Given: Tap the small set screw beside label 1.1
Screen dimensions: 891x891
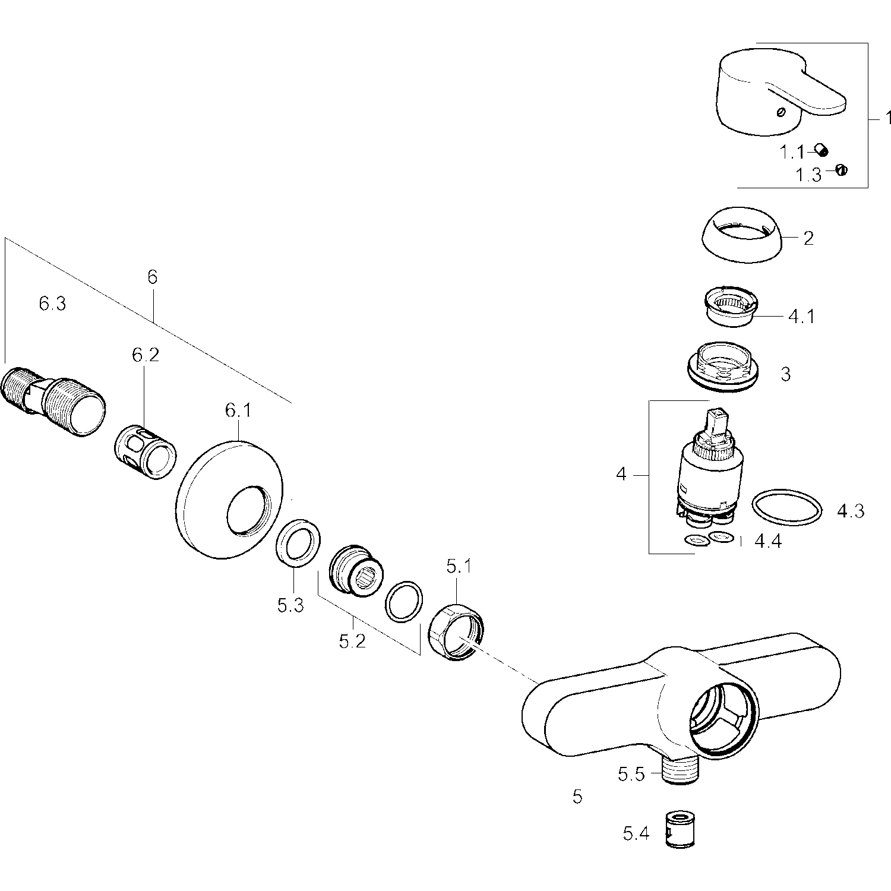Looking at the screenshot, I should coord(822,151).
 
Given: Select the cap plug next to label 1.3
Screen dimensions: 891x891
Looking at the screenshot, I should coord(841,170).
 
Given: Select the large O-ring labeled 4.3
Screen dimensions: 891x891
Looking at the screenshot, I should coord(787,508).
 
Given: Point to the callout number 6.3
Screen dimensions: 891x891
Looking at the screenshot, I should coord(52,304).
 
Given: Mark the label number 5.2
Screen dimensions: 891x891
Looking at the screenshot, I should coord(352,642).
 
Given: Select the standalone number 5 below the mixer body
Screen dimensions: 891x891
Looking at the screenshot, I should coord(577,797).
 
